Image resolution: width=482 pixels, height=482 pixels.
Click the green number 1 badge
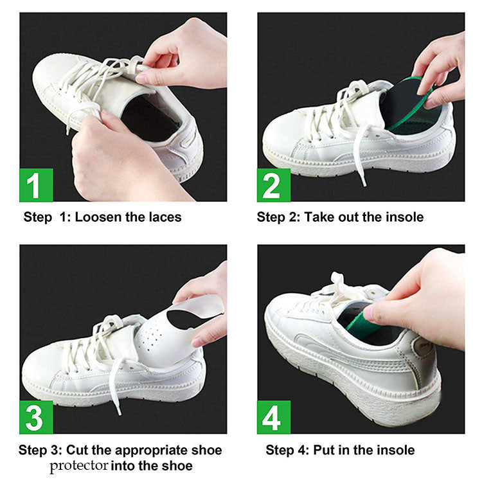pos(36,185)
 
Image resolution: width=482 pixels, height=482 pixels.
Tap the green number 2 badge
pos(274,185)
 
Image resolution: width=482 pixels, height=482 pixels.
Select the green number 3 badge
pos(36,417)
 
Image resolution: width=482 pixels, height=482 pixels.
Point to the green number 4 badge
pos(274,417)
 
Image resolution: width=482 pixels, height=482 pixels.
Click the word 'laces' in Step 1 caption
pos(165,217)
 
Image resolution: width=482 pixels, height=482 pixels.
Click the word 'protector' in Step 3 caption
pos(79,467)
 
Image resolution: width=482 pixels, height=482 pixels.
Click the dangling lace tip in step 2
pos(364,183)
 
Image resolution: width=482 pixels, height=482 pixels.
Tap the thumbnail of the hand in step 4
pos(369,312)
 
